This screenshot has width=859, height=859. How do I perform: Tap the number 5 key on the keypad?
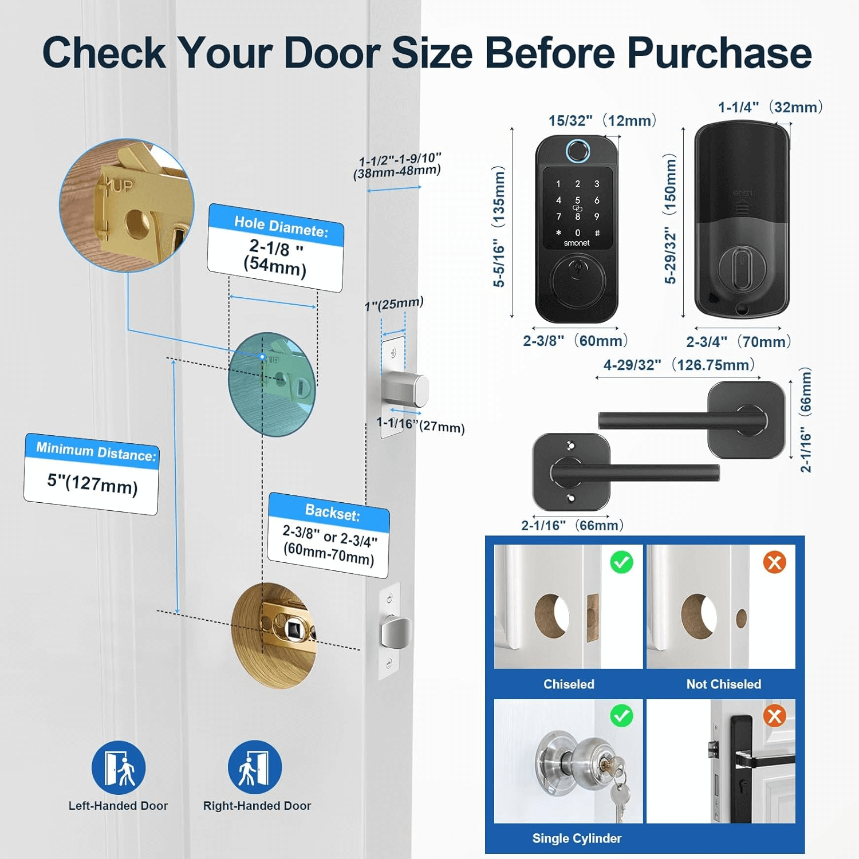pos(577,200)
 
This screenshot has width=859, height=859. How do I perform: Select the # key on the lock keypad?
pos(597,233)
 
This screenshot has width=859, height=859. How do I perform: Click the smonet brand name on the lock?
pos(577,243)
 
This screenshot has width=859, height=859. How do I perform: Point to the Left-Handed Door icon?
pos(119,767)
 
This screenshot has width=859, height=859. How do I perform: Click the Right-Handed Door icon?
pos(255,767)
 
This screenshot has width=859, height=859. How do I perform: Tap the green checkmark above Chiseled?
pos(622,562)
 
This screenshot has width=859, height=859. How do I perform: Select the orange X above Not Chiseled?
pos(775,562)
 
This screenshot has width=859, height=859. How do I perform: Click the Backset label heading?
pos(332,512)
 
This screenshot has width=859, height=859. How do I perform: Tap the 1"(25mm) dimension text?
pos(394,304)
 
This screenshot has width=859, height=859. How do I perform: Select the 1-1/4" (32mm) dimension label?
pos(771,107)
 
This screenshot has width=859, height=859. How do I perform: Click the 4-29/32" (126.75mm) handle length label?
pos(679,365)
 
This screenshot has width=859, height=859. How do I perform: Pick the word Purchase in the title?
pos(719,53)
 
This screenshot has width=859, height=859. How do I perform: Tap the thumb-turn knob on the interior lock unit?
pos(742,268)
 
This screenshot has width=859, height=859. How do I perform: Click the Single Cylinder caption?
pos(577,838)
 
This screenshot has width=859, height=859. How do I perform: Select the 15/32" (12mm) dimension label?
pos(602,121)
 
